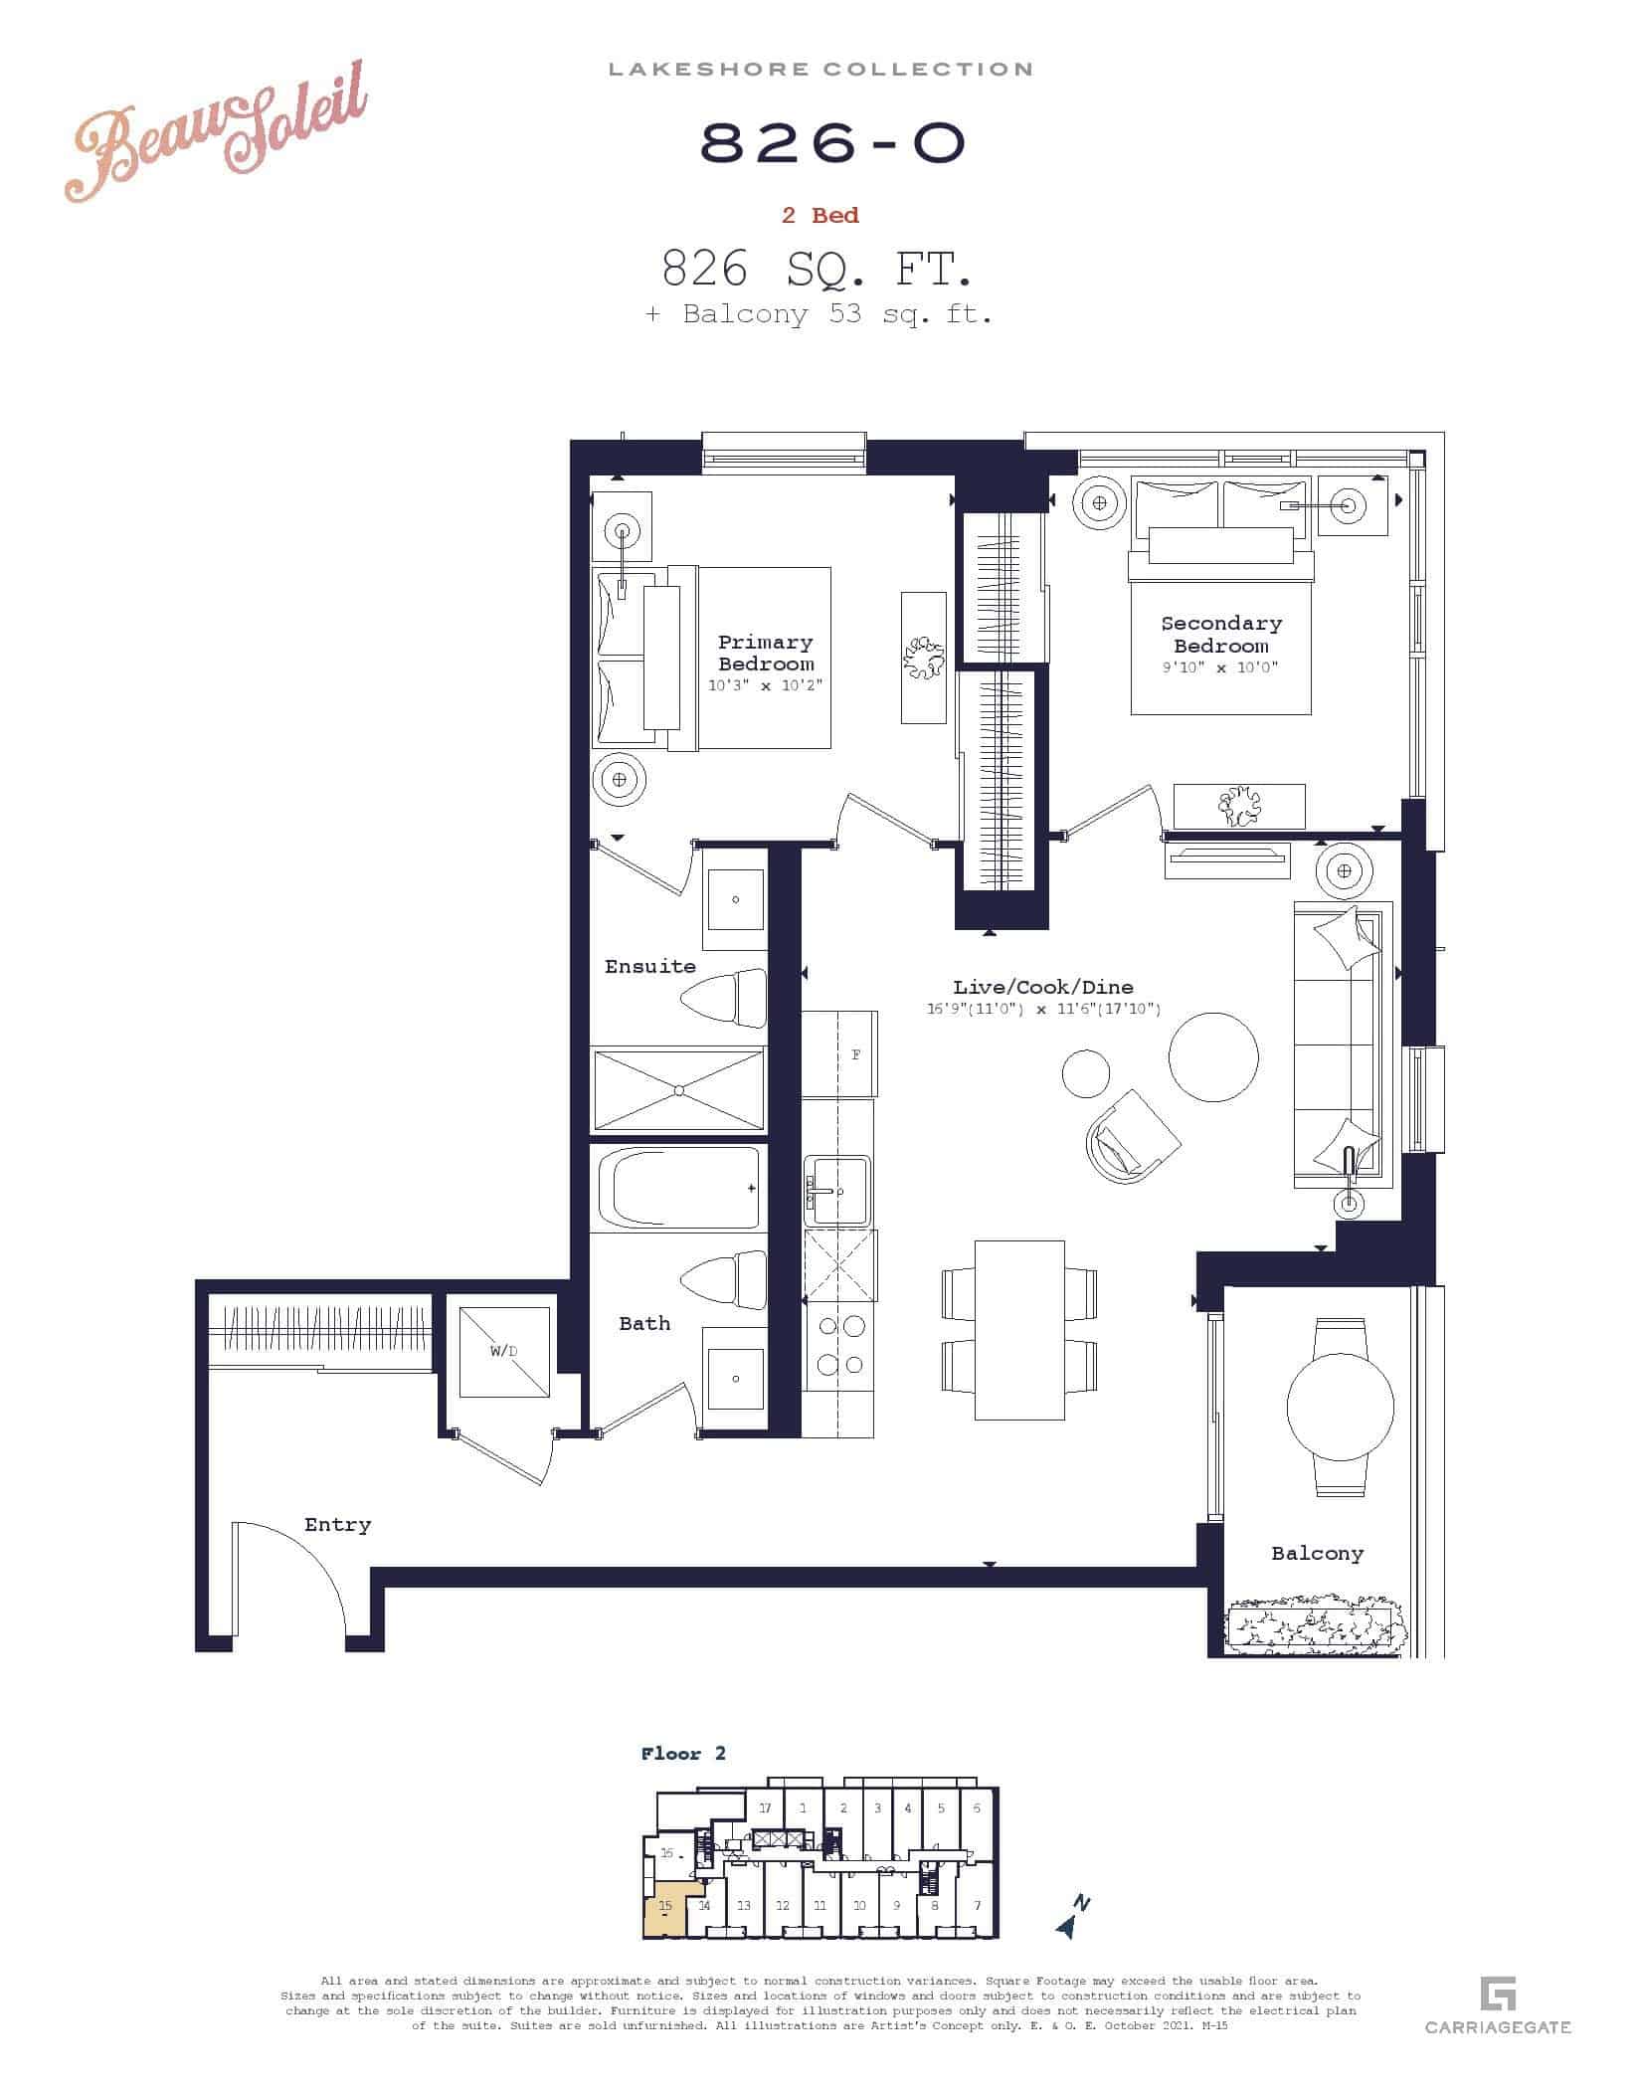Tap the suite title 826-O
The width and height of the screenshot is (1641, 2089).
tap(833, 144)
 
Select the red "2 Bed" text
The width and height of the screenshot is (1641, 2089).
tap(820, 215)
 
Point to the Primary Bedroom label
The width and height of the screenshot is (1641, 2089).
tap(766, 653)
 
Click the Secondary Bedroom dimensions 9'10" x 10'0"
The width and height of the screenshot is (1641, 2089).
tap(1220, 667)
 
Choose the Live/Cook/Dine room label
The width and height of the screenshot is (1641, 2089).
tap(1043, 987)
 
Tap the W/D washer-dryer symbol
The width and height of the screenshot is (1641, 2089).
tap(504, 1352)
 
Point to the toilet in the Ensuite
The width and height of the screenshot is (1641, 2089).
tap(725, 998)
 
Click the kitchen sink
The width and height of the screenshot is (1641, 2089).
tap(836, 1190)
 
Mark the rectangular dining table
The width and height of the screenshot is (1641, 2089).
tap(1019, 1330)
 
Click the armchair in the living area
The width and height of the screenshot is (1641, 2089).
tap(1133, 1136)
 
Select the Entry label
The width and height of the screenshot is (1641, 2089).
tap(337, 1525)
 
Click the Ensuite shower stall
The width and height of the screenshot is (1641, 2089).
tap(679, 1089)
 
